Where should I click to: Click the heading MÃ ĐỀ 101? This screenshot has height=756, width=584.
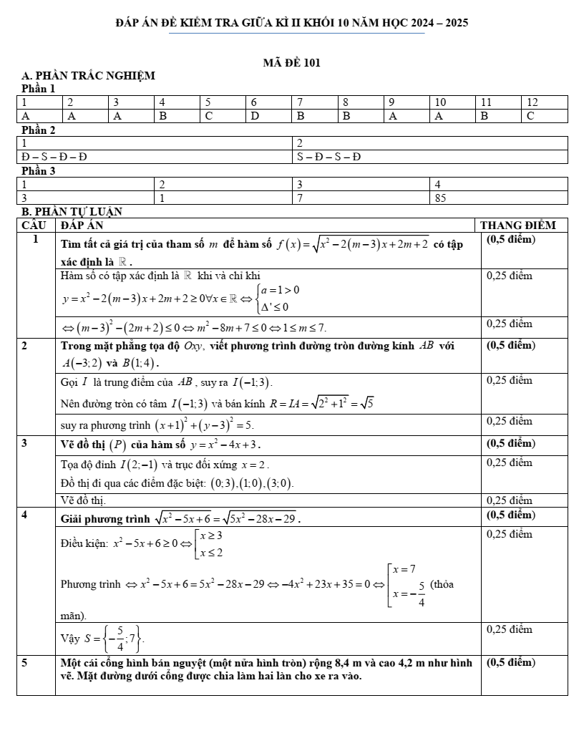pos(292,63)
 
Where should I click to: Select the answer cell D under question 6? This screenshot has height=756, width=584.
pos(254,115)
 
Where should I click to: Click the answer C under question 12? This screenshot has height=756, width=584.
pos(530,115)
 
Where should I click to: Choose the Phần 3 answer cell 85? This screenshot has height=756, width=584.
pos(441,198)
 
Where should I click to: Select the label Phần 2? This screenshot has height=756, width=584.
pos(39,130)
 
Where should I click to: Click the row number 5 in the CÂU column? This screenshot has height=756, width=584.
pos(25,663)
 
